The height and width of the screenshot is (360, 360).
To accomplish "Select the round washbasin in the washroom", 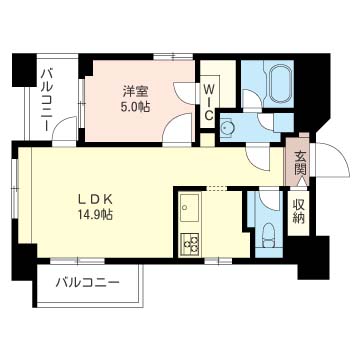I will (229, 127).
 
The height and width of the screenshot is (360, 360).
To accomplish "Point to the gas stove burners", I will (189, 243).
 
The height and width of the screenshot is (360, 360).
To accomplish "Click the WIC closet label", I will (208, 101).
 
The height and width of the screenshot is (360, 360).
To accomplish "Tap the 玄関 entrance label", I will (299, 161).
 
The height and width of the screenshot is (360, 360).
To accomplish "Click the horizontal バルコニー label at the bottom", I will (87, 283).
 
